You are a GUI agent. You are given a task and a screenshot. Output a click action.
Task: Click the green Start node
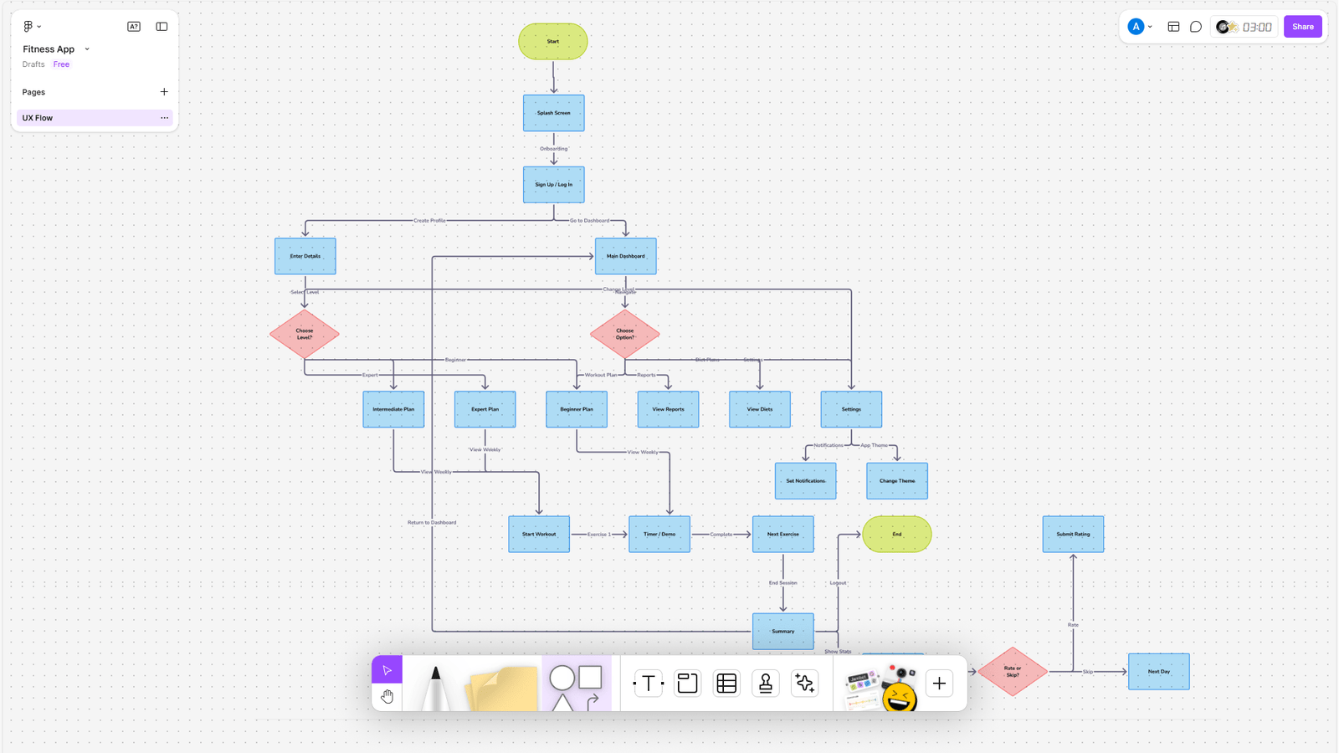553,41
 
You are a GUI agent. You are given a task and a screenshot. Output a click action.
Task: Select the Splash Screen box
553,113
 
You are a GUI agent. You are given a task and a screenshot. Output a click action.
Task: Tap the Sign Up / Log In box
553,184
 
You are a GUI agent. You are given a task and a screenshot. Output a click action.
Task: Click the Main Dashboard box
625,256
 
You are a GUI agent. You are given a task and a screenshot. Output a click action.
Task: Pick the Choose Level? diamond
305,334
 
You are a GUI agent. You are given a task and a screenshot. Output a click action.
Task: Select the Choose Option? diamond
625,334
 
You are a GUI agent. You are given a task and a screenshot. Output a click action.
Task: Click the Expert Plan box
485,409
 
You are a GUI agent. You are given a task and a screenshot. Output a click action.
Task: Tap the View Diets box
759,409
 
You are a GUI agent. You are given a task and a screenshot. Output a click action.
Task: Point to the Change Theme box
896,481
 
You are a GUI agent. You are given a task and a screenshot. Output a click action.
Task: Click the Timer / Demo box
659,534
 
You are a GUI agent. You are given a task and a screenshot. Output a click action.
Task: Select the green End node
896,534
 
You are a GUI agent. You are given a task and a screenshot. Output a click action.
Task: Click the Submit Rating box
1073,534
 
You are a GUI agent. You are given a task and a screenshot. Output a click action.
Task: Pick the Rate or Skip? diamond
1013,671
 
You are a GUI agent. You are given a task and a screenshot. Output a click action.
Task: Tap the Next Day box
1158,671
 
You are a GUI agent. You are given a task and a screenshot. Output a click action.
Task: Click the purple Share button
1302,27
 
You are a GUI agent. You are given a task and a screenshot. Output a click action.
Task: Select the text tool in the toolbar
648,684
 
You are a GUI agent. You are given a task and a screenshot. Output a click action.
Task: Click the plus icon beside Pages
164,92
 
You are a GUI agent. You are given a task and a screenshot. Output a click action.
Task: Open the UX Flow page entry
84,118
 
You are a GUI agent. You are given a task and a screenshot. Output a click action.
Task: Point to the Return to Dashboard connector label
432,522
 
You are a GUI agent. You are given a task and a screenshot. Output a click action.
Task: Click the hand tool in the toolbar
387,697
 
